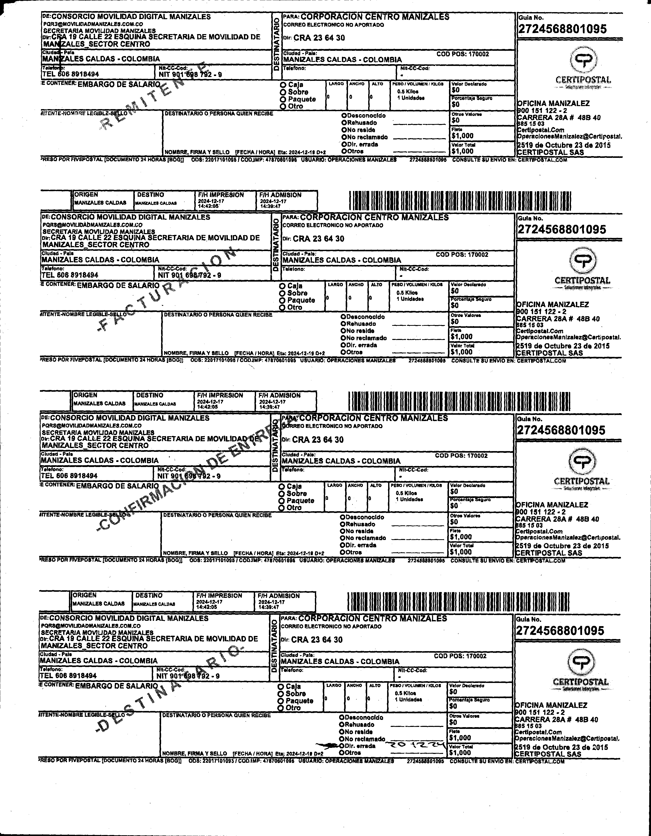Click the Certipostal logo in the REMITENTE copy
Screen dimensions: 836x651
point(583,60)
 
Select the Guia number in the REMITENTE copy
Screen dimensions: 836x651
point(562,29)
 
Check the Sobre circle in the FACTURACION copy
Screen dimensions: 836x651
point(282,293)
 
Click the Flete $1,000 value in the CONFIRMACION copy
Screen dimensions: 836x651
point(461,537)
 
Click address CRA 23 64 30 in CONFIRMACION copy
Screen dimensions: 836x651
point(318,439)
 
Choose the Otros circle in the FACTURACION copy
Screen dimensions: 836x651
point(343,352)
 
